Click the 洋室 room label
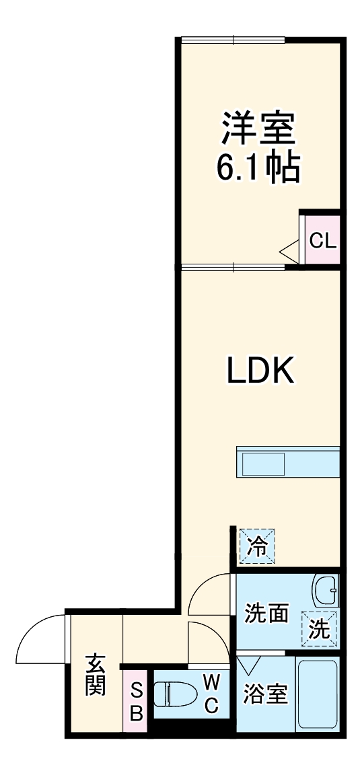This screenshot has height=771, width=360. pos(258,128)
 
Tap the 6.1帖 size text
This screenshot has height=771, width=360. pos(257,169)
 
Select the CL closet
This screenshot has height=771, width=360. pos(322,240)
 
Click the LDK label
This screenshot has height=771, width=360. pos(260,370)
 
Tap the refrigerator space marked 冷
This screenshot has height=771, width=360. pos(257,546)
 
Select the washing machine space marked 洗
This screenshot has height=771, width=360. pos(320,628)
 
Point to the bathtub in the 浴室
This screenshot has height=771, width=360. pos(318,694)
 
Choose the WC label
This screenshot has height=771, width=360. pos(211,694)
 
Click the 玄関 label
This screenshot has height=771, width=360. pos(96,675)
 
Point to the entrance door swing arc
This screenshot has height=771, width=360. pos(30,627)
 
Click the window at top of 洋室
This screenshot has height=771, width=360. pos(233,39)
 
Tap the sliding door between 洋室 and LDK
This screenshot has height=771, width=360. pos(233,268)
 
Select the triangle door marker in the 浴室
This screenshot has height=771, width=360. pos(250,664)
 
